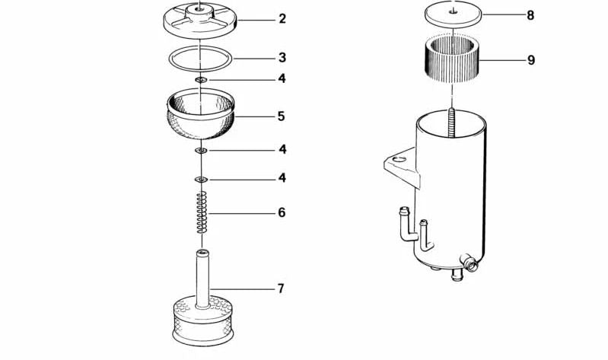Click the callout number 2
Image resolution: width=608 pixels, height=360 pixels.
[x=282, y=18]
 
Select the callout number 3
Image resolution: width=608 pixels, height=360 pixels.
[x=282, y=58]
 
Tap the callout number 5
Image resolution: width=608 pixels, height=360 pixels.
[x=282, y=116]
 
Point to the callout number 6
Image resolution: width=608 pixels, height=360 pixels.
[x=282, y=212]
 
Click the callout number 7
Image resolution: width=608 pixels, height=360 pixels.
[x=281, y=288]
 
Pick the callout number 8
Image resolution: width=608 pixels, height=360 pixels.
[x=530, y=15]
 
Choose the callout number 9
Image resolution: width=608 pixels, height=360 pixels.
[x=531, y=60]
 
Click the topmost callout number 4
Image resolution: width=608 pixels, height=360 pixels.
[x=282, y=78]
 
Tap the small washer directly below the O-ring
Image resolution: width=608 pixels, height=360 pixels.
[x=201, y=80]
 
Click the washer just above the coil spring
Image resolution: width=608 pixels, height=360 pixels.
[x=201, y=180]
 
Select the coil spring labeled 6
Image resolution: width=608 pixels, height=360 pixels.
[x=202, y=212]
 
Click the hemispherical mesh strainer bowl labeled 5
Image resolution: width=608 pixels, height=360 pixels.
[x=201, y=113]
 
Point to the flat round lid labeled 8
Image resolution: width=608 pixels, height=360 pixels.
[x=453, y=14]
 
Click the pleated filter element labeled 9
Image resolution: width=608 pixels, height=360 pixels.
[x=452, y=58]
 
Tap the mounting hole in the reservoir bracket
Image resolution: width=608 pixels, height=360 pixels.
[x=399, y=159]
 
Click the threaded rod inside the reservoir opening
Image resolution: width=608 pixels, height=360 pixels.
[x=452, y=124]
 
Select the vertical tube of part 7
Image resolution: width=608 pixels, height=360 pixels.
[x=202, y=279]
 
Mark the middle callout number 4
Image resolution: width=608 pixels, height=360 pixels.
[x=282, y=149]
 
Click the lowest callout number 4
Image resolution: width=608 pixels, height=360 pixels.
[x=282, y=178]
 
